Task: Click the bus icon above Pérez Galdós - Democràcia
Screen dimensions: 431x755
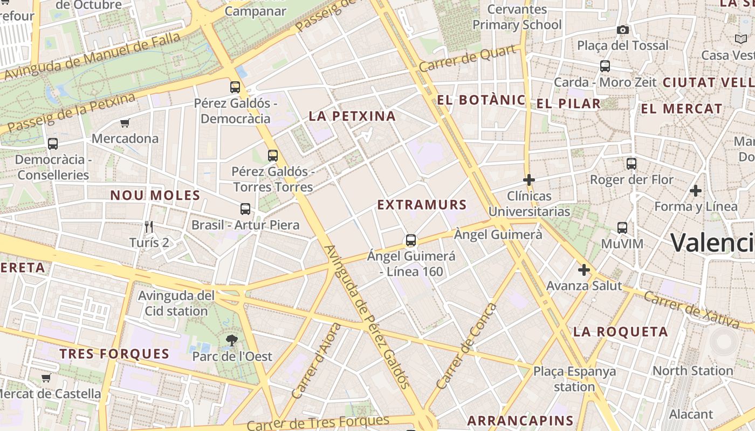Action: coord(235,87)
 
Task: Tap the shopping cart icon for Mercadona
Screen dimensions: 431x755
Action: coord(125,123)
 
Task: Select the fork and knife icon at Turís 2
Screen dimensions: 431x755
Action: coord(149,227)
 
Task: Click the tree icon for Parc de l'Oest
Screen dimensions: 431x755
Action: coord(232,340)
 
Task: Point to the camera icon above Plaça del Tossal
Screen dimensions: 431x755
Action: coord(623,30)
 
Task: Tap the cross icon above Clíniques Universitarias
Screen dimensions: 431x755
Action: coord(529,180)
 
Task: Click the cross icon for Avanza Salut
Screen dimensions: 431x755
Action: coord(584,270)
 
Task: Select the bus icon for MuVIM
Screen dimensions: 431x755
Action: coord(622,228)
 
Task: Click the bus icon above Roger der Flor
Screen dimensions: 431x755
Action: coord(632,164)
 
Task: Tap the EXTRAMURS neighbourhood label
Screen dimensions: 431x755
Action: coord(422,205)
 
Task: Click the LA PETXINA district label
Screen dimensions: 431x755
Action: coord(352,116)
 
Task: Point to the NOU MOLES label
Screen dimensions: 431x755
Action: coord(155,196)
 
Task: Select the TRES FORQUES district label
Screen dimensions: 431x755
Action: coord(114,354)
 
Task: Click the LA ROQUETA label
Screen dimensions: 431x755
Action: coord(620,332)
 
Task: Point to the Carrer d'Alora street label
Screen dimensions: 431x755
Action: coord(316,362)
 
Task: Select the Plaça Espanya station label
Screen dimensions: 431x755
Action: coord(574,379)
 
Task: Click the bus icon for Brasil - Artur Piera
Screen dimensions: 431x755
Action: coord(245,209)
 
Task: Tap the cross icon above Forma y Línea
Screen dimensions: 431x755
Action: coord(696,191)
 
